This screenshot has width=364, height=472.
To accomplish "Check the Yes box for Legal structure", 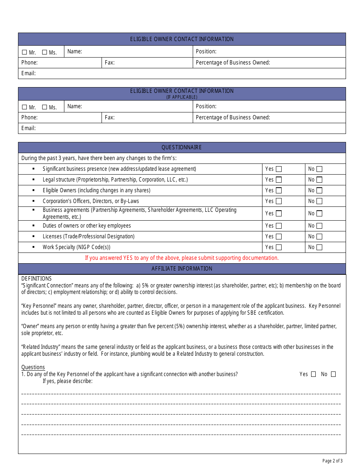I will [x=279, y=180].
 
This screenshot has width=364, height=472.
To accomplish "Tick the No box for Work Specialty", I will [x=319, y=248].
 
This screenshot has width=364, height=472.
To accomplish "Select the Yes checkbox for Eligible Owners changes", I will [x=279, y=190].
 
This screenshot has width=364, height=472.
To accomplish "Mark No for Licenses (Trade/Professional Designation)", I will [x=319, y=237].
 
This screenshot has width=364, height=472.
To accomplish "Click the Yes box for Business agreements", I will [x=279, y=213].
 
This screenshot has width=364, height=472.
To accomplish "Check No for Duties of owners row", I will [x=319, y=226].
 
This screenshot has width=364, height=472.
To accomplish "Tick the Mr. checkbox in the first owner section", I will [x=25, y=53].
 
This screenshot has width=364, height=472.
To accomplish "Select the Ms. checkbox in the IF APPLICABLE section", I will [x=44, y=107].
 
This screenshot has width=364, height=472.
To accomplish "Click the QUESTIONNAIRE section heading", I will [x=182, y=147].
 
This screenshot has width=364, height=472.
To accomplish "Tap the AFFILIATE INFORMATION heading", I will [x=182, y=269].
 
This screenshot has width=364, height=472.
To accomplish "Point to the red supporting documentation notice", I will [x=182, y=258].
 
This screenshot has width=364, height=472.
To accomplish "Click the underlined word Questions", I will [x=33, y=367].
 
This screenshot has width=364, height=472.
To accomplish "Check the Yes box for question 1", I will [x=313, y=374].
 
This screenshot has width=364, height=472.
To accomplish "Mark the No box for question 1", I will [x=333, y=374].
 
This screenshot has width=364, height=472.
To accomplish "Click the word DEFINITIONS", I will [x=36, y=279].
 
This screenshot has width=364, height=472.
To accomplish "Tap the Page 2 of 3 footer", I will [x=332, y=461].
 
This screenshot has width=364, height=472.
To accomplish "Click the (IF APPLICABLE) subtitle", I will [x=182, y=97].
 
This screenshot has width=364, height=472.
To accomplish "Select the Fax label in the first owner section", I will [x=110, y=63].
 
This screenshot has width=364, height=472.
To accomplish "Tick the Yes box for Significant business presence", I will [x=279, y=169].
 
